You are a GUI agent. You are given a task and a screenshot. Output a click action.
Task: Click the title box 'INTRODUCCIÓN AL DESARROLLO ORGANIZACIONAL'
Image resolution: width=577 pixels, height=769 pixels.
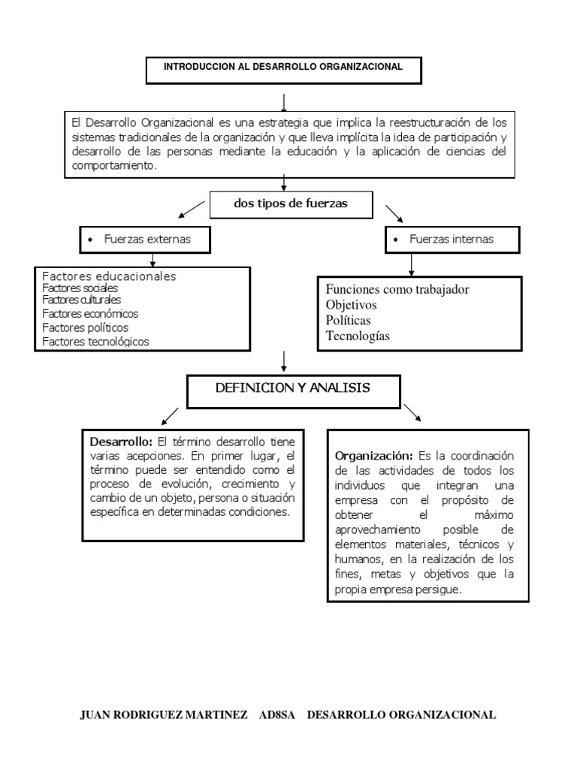283,68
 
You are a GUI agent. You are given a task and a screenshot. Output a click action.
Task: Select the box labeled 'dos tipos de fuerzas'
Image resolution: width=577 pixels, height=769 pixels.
291,204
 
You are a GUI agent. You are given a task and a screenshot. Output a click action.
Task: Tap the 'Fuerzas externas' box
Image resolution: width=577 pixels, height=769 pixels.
144,240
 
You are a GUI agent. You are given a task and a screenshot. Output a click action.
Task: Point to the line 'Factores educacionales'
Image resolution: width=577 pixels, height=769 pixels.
109,276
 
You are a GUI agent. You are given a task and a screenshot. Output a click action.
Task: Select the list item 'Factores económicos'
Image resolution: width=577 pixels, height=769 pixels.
90,314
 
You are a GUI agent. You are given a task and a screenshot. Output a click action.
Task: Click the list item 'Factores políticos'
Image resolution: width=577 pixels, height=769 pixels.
85,327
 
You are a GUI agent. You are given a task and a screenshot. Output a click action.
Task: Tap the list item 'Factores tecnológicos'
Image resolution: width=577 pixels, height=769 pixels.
95,342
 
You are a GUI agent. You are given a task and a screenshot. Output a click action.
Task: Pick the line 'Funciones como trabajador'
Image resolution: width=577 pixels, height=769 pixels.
398,290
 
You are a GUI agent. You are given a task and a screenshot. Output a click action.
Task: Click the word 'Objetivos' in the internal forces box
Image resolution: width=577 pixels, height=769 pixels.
352,306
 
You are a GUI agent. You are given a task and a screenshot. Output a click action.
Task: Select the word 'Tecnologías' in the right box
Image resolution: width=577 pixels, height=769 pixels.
358,336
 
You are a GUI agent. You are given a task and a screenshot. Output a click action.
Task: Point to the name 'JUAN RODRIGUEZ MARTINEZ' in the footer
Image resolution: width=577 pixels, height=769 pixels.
164,715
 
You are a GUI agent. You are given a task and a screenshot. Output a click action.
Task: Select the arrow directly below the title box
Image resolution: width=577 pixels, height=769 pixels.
283,101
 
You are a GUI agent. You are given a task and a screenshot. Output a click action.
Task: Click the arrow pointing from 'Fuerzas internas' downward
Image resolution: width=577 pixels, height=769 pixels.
410,264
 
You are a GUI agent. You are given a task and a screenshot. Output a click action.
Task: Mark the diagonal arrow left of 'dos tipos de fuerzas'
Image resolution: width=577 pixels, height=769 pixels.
192,208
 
